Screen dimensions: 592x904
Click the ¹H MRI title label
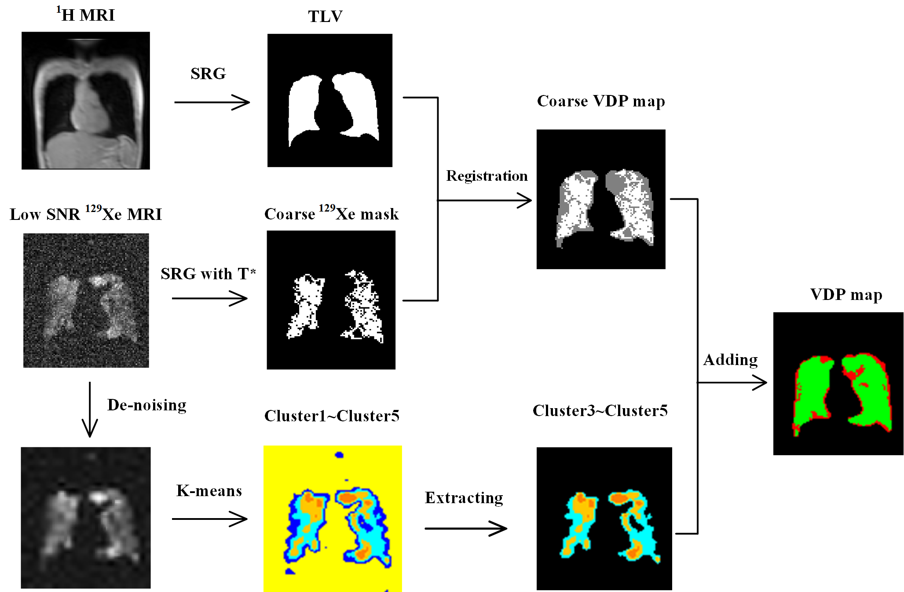86,15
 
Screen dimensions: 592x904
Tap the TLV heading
325,17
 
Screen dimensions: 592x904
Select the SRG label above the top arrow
208,73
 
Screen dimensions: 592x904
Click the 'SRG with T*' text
208,274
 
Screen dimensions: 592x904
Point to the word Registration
487,176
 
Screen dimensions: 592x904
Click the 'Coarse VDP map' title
601,101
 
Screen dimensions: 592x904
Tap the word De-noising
147,405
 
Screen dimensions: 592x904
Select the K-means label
209,491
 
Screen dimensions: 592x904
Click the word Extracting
464,498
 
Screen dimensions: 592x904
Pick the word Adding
730,360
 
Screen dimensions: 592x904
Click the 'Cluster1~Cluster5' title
332,416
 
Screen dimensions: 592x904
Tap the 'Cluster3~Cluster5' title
600,411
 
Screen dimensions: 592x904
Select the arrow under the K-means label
209,519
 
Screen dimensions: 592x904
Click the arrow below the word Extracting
465,528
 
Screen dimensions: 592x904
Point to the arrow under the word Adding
732,382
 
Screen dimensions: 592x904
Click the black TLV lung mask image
329,100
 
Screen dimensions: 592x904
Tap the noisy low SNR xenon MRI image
86,300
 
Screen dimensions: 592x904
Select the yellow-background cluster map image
333,519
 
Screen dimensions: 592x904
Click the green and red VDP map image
838,384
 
